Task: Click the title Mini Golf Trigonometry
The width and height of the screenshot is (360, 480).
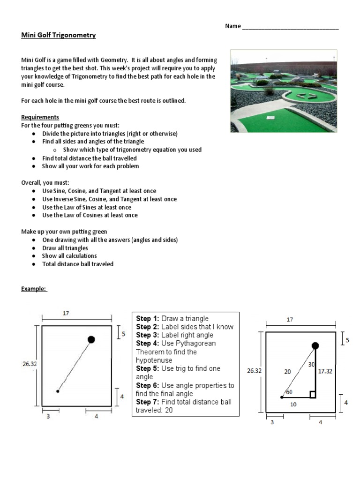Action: pos(59,35)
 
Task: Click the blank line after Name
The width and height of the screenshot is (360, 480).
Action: pos(290,27)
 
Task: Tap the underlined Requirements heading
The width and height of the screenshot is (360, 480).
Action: pos(40,117)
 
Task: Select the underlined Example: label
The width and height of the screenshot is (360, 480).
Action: pos(34,289)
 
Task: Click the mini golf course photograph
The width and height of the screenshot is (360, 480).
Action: pos(284,91)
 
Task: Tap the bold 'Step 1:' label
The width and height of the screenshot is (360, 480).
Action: pos(148,319)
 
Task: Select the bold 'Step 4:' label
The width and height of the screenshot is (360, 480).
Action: pos(148,344)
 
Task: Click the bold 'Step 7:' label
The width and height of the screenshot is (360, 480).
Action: pos(148,402)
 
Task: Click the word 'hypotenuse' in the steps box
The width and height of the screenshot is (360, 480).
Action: pos(154,360)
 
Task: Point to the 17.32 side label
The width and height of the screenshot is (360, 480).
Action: pos(325,370)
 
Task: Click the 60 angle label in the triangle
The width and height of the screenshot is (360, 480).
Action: pos(289,392)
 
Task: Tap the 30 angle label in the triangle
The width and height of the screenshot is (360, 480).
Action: pos(311,364)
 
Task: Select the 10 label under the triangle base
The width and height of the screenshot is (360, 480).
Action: pos(293,404)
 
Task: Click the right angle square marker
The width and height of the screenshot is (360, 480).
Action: pos(313,395)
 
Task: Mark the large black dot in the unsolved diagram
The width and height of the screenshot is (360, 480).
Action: pos(91,339)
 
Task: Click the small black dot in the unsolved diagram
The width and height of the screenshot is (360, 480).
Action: pos(58,391)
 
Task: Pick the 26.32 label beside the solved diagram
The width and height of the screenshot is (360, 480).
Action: pos(254,371)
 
